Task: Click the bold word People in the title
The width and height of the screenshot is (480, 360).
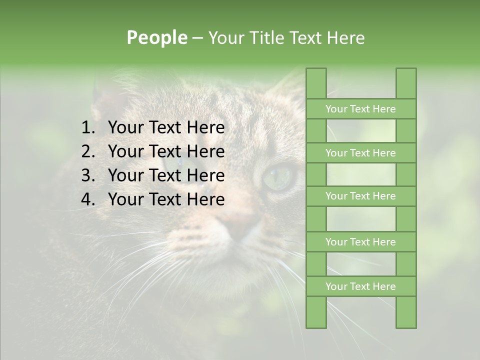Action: coord(157,38)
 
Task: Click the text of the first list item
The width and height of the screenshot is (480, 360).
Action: coord(166,128)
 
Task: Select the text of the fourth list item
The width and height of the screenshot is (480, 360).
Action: coord(166,199)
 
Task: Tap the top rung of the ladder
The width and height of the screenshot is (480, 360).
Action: coord(360,109)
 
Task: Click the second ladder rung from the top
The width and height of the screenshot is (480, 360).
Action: coord(360,153)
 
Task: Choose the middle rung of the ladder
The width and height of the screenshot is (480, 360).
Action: coord(360,196)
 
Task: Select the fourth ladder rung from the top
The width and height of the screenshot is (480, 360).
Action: coord(360,242)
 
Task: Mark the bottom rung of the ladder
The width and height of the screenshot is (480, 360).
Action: coord(360,286)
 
